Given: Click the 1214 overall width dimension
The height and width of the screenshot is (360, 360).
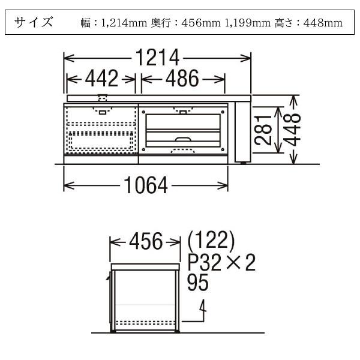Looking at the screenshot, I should [157, 58].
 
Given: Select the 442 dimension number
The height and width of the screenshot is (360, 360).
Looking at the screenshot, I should [101, 79].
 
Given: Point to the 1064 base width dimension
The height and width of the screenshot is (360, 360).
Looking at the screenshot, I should [146, 187].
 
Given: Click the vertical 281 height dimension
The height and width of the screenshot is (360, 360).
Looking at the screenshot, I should [264, 130].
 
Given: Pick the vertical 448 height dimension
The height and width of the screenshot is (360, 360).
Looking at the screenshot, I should [293, 130].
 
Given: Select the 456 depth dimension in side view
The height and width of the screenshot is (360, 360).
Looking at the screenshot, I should [146, 242].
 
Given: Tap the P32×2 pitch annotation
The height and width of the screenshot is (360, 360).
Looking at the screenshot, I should [221, 262].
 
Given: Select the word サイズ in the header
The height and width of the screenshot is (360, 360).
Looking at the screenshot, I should [34, 23].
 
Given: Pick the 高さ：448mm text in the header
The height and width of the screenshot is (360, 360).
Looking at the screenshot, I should [308, 23].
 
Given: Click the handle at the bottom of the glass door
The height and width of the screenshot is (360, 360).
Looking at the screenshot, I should [183, 140].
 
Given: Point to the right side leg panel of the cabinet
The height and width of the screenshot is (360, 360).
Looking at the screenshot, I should [242, 131].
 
